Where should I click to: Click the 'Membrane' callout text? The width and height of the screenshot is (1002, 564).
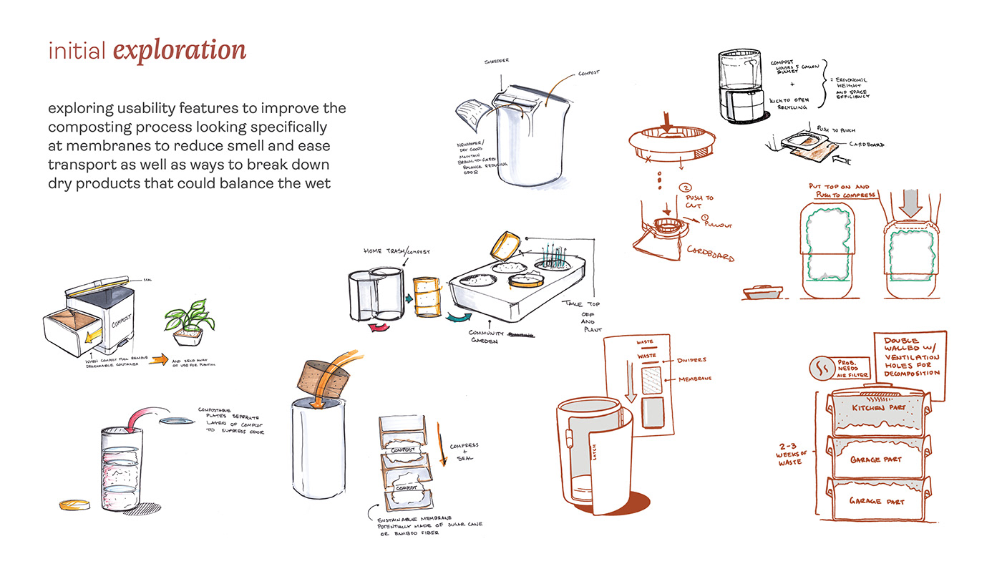[x=695, y=379]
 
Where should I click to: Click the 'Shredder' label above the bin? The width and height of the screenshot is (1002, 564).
[x=496, y=61]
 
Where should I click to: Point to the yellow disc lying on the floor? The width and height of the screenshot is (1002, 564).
[x=72, y=505]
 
